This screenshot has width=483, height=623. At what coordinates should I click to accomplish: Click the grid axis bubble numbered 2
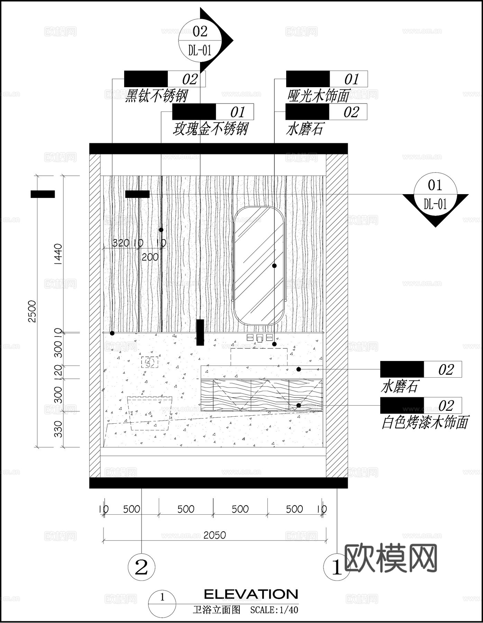tap(142, 567)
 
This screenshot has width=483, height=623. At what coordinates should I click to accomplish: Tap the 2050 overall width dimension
tap(215, 535)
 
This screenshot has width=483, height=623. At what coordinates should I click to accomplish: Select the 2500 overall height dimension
tap(32, 311)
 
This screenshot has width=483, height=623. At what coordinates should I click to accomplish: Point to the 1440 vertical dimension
tap(58, 254)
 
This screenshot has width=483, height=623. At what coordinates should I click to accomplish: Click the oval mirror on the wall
tap(259, 265)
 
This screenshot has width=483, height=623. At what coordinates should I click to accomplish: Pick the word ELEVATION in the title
tap(251, 594)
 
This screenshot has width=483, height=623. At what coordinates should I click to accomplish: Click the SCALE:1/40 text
tap(274, 610)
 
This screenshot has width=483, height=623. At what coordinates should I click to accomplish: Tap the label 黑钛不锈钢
tap(156, 96)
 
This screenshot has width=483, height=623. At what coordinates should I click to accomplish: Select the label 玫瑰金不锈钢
tap(210, 129)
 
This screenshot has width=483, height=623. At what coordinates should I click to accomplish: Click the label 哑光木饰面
tap(318, 96)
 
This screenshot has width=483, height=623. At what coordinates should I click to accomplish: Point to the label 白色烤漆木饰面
tap(425, 423)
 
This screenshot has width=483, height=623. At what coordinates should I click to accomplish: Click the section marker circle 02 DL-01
tap(200, 40)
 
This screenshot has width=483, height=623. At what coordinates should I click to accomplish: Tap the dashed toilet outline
tap(150, 413)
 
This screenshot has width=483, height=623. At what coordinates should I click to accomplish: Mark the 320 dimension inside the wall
tap(121, 243)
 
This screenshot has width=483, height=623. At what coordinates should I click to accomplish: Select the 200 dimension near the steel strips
tap(150, 257)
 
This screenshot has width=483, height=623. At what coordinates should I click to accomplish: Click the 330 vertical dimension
tap(58, 429)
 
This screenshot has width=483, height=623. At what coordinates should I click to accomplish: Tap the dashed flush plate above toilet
tap(149, 362)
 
